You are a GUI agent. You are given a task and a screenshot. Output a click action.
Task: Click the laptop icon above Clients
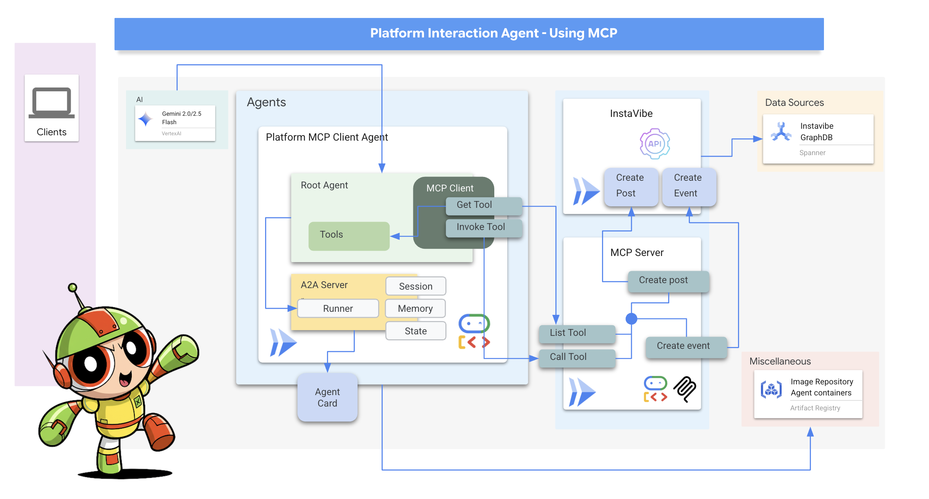tap(52, 102)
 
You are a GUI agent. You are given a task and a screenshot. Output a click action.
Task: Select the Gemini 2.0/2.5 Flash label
tap(181, 118)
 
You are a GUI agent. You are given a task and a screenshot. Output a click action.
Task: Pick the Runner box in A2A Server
tap(338, 308)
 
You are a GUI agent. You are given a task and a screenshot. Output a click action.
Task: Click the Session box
tap(416, 286)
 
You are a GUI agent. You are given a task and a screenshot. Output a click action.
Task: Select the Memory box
tap(415, 308)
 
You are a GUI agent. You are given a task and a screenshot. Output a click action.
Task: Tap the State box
tap(416, 331)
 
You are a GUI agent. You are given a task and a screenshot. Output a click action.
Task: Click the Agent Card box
tap(327, 398)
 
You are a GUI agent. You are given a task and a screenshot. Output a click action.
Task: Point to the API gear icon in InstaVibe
tap(655, 144)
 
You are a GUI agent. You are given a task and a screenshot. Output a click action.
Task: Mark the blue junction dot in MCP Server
tap(631, 318)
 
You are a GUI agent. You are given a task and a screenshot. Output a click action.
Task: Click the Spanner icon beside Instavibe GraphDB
tap(781, 132)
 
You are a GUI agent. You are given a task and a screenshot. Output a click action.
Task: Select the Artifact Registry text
tap(815, 408)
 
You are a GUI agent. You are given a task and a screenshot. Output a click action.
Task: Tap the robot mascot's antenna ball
tap(73, 287)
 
